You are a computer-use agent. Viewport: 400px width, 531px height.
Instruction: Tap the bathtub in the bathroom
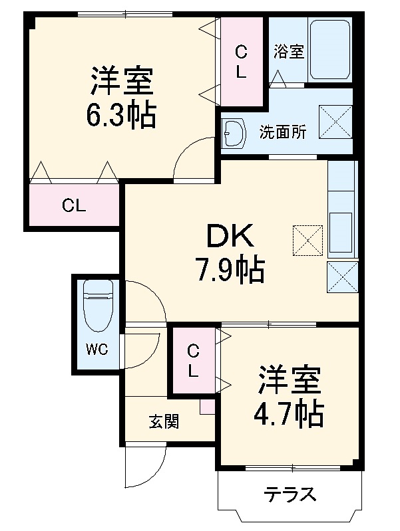pyautogui.click(x=330, y=50)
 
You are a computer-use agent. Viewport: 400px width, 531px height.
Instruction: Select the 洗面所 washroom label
pyautogui.click(x=283, y=132)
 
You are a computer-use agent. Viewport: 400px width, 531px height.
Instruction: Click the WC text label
pyautogui.click(x=97, y=350)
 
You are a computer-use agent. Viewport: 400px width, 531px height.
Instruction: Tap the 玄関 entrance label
pyautogui.click(x=163, y=421)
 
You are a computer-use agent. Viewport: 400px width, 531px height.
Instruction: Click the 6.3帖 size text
pyautogui.click(x=121, y=116)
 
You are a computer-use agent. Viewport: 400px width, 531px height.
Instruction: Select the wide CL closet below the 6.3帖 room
pyautogui.click(x=74, y=205)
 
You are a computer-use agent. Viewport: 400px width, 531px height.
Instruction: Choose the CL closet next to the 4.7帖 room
pyautogui.click(x=192, y=361)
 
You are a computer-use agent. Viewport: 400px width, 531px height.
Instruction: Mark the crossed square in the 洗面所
pyautogui.click(x=335, y=120)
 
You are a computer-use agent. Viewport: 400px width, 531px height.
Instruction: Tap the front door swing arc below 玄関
pyautogui.click(x=146, y=470)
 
